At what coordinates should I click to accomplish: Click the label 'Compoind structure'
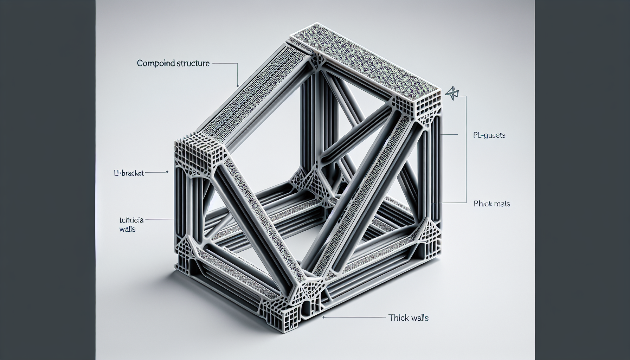(x=173, y=64)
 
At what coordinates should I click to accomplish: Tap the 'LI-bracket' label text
(x=129, y=173)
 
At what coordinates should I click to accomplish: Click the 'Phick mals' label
(x=491, y=204)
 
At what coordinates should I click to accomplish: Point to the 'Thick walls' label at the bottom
(x=408, y=318)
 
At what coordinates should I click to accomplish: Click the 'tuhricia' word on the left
(x=131, y=220)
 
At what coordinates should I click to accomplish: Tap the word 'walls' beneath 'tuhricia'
(x=127, y=229)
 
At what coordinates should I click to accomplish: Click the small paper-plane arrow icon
(x=452, y=93)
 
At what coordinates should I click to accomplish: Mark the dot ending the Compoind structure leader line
(x=238, y=85)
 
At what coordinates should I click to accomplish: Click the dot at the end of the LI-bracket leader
(x=167, y=172)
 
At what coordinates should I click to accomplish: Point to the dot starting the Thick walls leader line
(x=323, y=317)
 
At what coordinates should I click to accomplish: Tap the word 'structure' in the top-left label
(x=193, y=64)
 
